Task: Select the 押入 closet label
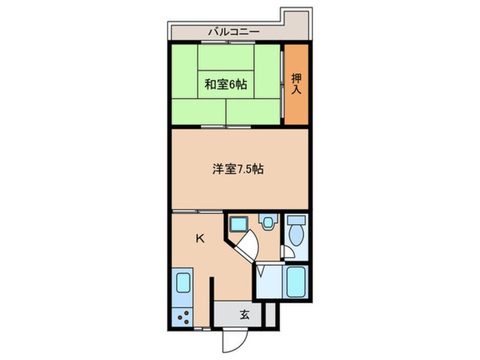(296, 83)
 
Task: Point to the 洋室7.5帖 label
(238, 169)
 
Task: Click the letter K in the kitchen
(200, 239)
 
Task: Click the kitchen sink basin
(183, 283)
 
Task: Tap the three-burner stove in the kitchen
(183, 317)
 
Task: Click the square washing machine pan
(239, 224)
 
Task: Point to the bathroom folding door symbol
(262, 271)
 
